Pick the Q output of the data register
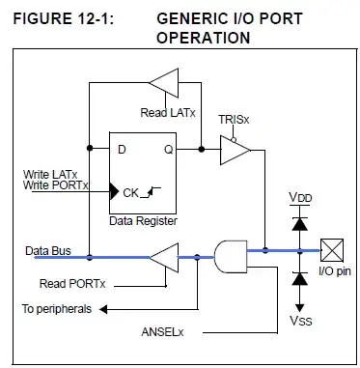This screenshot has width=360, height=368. click(170, 149)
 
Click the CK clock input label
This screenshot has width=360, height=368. click(130, 192)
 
